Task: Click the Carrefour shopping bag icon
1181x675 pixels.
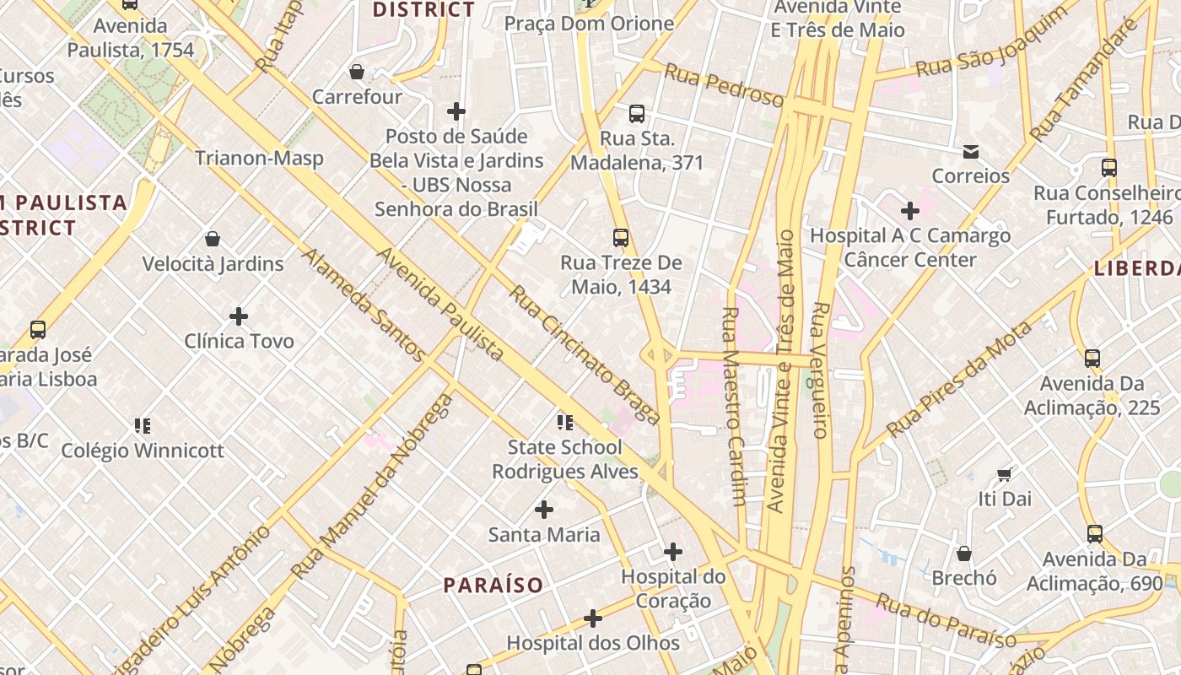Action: [x=357, y=73]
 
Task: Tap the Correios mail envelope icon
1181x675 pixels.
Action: [x=971, y=152]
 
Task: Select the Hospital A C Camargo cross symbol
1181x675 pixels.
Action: [x=909, y=210]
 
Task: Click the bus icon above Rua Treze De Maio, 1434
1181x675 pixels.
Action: [x=621, y=238]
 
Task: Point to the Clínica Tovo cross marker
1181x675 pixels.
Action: [x=239, y=316]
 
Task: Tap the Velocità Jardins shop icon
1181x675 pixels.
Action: [x=213, y=240]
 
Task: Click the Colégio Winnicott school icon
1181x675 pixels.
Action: [x=143, y=425]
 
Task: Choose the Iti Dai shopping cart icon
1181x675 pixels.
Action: [x=1005, y=474]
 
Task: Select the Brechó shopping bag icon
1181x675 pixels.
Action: [x=964, y=553]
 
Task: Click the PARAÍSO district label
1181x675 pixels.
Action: [x=493, y=585]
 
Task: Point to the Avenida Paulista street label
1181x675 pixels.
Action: [x=440, y=304]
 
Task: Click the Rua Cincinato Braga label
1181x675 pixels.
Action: [x=584, y=354]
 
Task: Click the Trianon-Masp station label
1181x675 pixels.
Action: [x=259, y=158]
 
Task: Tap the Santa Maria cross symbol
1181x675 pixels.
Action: [x=544, y=510]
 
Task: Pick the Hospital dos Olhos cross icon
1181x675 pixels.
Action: [x=593, y=618]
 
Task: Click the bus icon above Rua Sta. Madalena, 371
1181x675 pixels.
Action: [x=637, y=114]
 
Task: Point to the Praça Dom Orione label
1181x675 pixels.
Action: [x=589, y=24]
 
